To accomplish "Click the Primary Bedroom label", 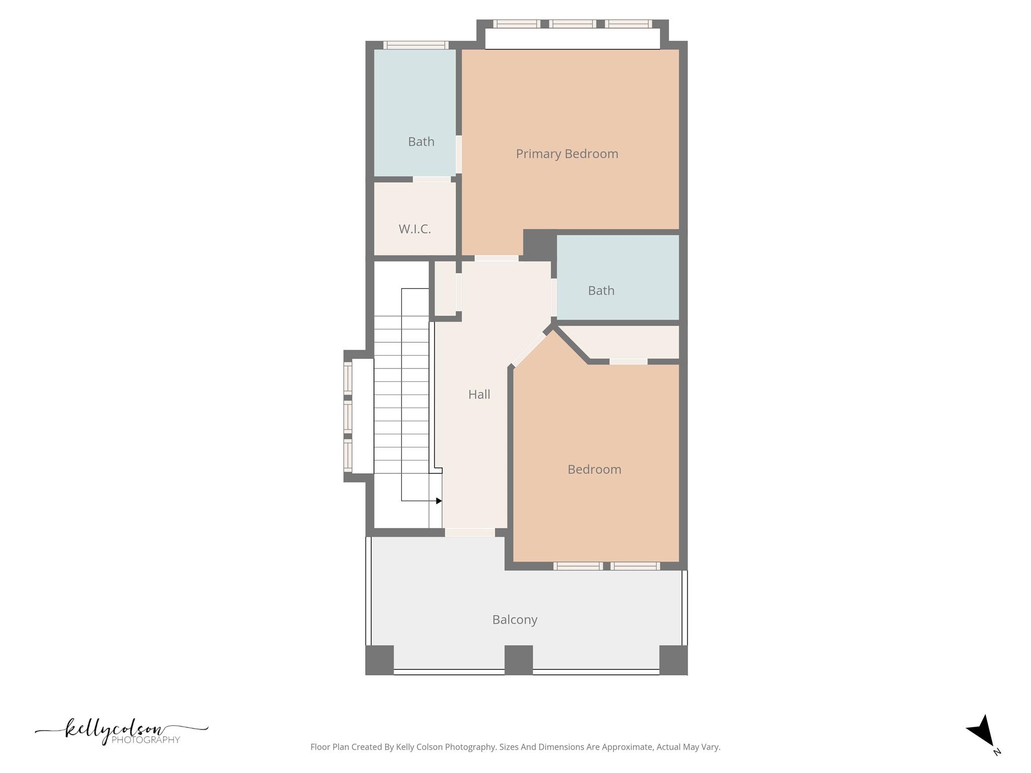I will [567, 154].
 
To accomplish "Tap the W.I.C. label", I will [415, 229].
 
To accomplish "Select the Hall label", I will [479, 395].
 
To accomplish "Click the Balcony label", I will [514, 620].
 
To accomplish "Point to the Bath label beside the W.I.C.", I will [421, 142].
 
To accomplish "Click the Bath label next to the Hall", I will [601, 291].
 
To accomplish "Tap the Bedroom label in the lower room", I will [594, 470].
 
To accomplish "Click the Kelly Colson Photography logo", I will [121, 731].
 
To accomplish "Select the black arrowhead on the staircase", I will [439, 501].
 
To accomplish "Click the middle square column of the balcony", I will [519, 660].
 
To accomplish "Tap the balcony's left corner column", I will [379, 660].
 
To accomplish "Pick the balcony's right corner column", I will [673, 660].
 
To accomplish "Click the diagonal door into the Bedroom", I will [529, 349].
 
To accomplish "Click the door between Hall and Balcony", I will [470, 532].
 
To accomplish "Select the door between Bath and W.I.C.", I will [432, 179].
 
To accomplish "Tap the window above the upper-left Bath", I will [416, 45].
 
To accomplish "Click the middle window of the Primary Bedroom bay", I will [572, 24].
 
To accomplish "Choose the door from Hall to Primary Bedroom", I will [496, 258].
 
